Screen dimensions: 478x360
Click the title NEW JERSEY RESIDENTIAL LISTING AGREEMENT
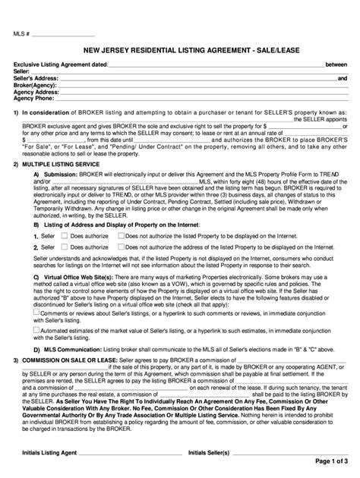(179, 50)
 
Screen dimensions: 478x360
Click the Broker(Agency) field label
(36, 85)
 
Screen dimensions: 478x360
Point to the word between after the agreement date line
(336, 64)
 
